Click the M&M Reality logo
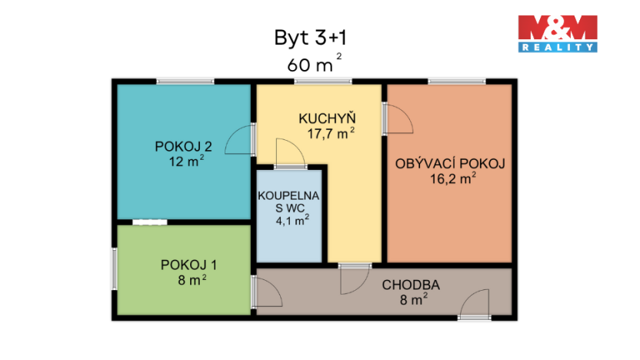tap(557, 33)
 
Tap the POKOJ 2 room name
tap(183, 147)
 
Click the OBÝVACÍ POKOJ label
tap(449, 164)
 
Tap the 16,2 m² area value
tap(453, 179)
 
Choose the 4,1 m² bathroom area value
tap(292, 219)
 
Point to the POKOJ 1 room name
tap(188, 265)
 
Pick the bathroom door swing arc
tap(291, 152)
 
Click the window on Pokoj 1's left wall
tap(114, 268)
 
